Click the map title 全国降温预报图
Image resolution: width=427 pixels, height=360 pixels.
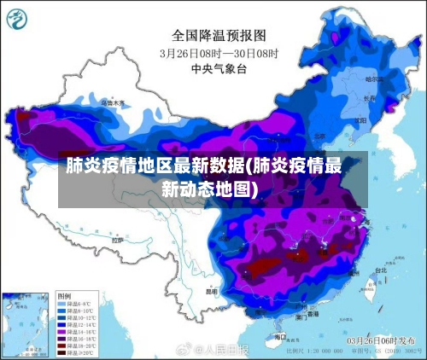pos(219,35)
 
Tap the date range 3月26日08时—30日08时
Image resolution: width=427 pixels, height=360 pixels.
pos(219,52)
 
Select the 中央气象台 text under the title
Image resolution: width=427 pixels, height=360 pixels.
pos(219,67)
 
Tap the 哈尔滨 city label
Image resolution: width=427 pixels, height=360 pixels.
pos(375,79)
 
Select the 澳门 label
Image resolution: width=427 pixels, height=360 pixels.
pos(301,316)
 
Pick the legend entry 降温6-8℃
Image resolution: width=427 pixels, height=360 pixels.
pos(75,304)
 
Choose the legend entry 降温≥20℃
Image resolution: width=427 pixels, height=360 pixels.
pos(75,351)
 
